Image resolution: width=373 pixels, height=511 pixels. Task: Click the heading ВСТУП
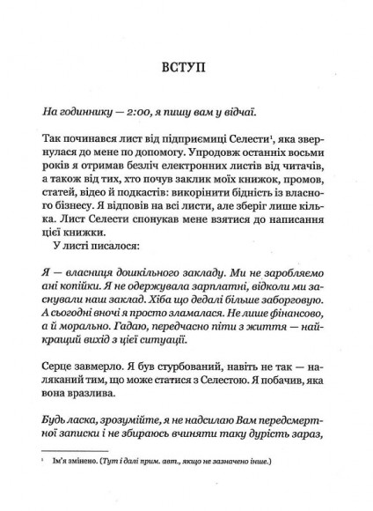186,66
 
